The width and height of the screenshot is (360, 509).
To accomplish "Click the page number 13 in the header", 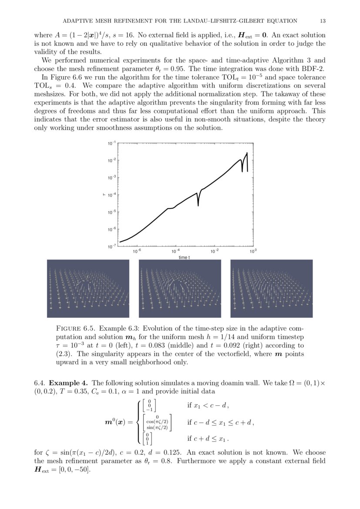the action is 323,20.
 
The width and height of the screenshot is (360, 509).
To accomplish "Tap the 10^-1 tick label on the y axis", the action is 112,143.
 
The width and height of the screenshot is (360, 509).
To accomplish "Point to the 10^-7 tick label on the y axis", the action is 112,246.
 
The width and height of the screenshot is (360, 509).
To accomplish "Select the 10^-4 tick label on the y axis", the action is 112,195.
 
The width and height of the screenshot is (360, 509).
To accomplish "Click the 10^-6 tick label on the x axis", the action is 137,252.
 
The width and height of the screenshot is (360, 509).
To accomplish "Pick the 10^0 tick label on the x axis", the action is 252,252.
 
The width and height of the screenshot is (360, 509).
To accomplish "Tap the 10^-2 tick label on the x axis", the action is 214,252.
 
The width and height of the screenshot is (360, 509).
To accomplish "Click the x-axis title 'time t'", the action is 184,257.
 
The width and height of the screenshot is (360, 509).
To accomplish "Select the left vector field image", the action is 88,288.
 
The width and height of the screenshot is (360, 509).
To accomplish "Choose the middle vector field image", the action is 180,288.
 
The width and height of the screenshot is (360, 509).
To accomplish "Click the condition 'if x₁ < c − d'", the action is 207,405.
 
